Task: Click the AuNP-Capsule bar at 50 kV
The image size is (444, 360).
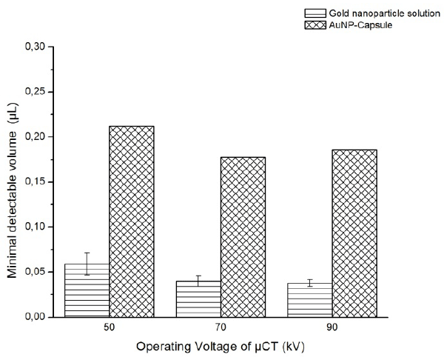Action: click(132, 221)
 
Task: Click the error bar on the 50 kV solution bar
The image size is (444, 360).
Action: click(87, 264)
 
